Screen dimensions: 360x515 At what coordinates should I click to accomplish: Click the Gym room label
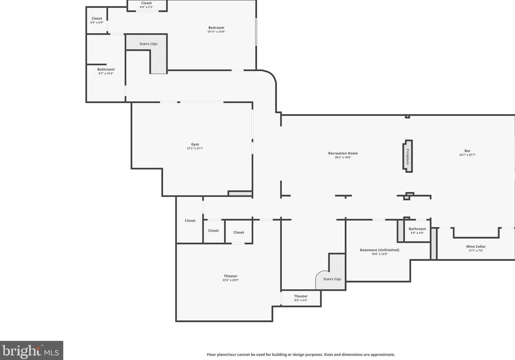tap(195, 144)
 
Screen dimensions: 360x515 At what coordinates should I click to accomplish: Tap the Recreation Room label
tap(343, 153)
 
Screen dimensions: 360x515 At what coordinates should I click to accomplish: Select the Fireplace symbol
tap(408, 156)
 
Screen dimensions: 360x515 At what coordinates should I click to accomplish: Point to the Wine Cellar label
tap(475, 246)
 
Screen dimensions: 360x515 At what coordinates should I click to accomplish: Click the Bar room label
tap(467, 151)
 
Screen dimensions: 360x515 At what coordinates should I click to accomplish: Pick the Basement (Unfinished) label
tap(379, 250)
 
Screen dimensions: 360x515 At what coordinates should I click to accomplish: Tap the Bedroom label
tap(216, 28)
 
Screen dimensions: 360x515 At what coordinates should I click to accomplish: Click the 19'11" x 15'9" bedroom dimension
tap(216, 32)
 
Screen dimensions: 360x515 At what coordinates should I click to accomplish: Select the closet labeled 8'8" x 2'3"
tap(146, 5)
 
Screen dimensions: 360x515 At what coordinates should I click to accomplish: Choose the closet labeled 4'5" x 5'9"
tap(97, 20)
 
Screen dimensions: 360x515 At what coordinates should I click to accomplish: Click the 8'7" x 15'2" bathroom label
tap(106, 71)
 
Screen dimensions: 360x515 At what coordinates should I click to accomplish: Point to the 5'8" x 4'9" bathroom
tap(417, 231)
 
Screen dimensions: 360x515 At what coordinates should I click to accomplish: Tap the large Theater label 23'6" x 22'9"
tap(231, 278)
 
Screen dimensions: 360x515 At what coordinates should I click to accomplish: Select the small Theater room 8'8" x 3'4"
tap(301, 298)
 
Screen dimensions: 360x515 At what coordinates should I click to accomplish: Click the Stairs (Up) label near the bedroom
tap(148, 44)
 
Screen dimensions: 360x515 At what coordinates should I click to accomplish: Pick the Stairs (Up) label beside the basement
tap(332, 279)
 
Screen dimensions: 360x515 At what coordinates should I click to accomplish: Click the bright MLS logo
tap(31, 350)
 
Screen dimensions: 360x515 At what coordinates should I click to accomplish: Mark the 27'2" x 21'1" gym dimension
tap(195, 148)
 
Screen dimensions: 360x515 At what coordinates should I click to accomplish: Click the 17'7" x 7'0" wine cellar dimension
tap(475, 251)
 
